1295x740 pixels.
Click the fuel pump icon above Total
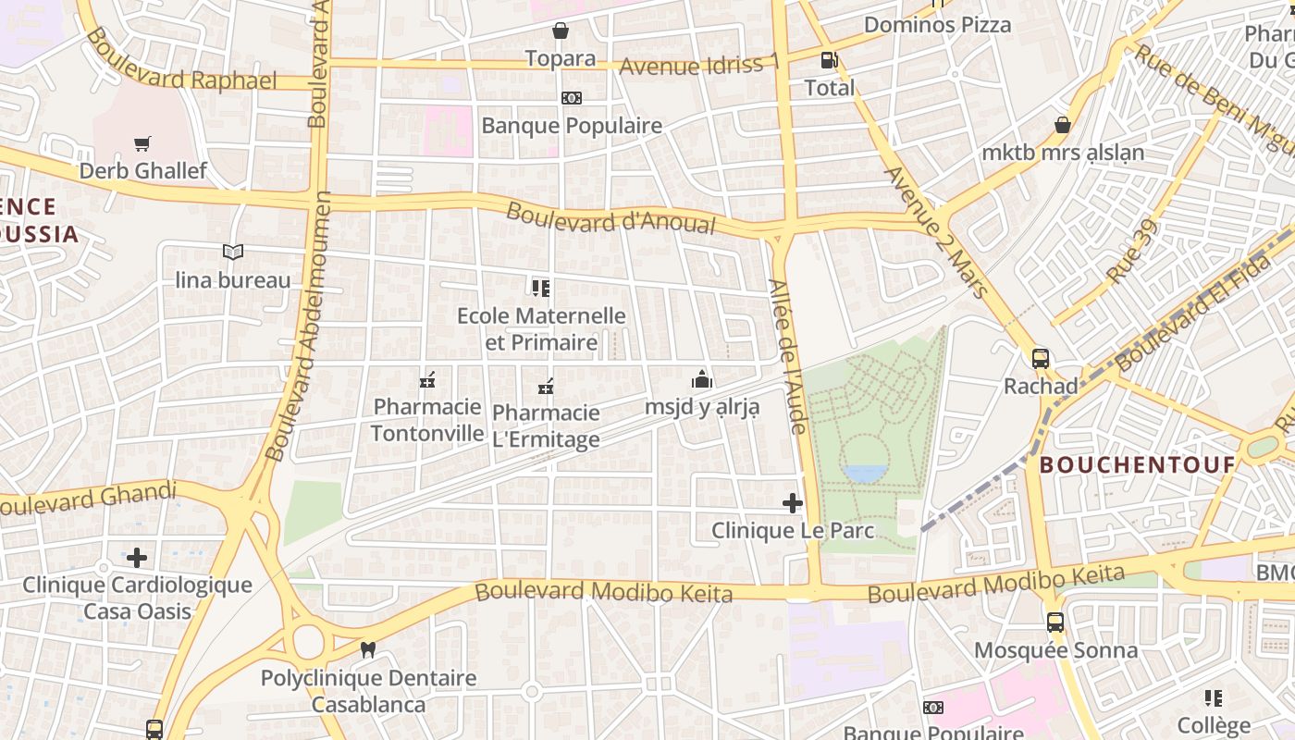829,61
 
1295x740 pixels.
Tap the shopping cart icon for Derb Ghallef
142,143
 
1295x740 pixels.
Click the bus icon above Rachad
1041,358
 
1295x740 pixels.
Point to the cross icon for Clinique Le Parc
793,503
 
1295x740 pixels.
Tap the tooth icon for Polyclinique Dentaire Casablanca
367,650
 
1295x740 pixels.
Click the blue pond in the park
865,474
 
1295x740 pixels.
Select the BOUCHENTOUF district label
1137,464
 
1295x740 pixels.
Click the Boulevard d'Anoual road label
610,219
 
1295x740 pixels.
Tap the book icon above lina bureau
233,252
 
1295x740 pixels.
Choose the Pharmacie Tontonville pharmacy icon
427,379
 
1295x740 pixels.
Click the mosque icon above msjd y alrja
702,379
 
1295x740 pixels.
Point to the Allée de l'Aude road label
789,356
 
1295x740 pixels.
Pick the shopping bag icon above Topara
561,31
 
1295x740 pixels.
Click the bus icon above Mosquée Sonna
1055,623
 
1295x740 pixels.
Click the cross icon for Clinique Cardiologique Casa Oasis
137,557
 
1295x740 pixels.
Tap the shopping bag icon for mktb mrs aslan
1063,124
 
